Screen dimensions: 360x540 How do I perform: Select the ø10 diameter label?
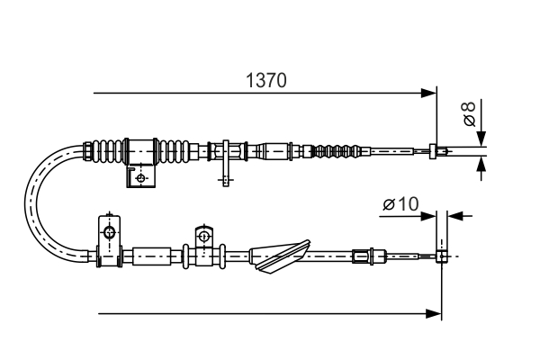tap(400, 205)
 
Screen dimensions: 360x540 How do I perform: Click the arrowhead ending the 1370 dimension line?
tap(430, 92)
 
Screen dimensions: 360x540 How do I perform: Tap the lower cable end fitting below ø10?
tap(441, 256)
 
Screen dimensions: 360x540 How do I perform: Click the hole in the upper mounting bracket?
tap(139, 178)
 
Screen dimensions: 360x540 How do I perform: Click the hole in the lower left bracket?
tap(109, 233)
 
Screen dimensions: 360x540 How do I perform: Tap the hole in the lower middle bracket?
tap(203, 238)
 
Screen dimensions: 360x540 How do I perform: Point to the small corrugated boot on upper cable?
tap(342, 150)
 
